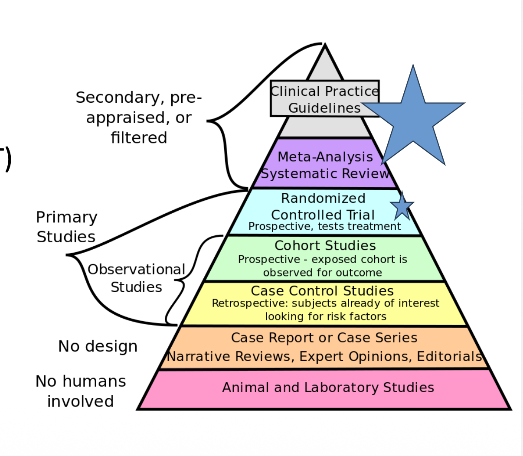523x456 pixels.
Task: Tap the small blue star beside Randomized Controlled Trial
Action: coord(402,207)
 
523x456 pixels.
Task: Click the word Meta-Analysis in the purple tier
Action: coord(325,156)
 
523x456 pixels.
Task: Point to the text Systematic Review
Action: coord(325,173)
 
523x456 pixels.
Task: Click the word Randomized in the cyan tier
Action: coord(323,198)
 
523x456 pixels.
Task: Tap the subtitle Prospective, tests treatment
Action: coord(324,226)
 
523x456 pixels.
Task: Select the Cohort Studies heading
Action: coord(325,245)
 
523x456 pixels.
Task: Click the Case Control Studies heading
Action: coord(322,290)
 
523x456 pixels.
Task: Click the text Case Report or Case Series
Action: coord(324,338)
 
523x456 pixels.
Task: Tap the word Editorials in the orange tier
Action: coord(449,356)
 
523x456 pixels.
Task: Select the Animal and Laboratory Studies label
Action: coord(328,387)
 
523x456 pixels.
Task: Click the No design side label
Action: coord(98,346)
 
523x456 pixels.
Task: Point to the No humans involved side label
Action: coord(81,391)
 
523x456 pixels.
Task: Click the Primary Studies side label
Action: coord(66,227)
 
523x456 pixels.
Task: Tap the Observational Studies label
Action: coord(136,278)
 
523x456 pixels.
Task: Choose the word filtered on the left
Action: coord(139,138)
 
